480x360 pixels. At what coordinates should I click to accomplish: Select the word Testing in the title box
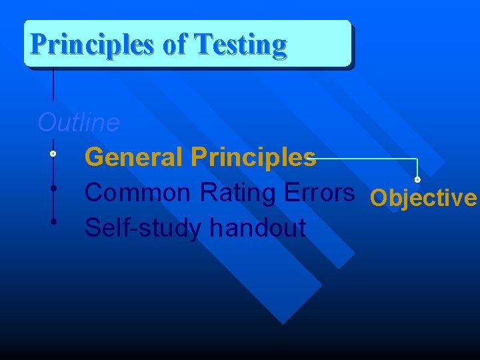tap(240, 45)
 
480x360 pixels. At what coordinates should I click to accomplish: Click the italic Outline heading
tap(79, 123)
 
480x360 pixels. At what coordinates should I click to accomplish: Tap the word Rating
tap(239, 193)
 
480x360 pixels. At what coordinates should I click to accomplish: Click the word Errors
tap(319, 193)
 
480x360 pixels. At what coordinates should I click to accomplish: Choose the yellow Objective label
tap(423, 198)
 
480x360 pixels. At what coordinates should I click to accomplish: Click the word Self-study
tap(143, 228)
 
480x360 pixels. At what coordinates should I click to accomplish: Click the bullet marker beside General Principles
tap(53, 154)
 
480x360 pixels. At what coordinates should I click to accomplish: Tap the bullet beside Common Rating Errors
tap(53, 188)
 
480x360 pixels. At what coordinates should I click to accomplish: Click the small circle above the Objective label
tap(417, 179)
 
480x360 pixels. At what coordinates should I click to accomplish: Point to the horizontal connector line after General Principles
tap(367, 159)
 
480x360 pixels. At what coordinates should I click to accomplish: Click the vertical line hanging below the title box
tap(53, 83)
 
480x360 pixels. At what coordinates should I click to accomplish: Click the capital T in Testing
tap(202, 45)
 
